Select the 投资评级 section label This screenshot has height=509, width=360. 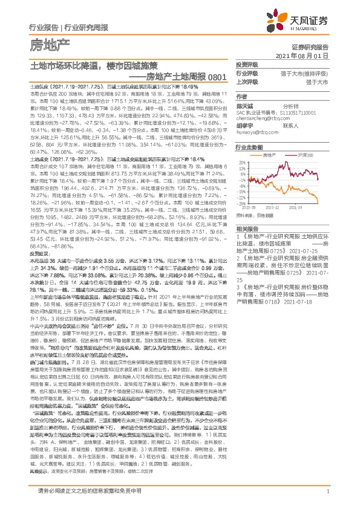(247, 64)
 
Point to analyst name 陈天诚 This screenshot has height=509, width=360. (244, 105)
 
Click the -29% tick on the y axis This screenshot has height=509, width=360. (242, 203)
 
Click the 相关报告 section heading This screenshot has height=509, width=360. (247, 229)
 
